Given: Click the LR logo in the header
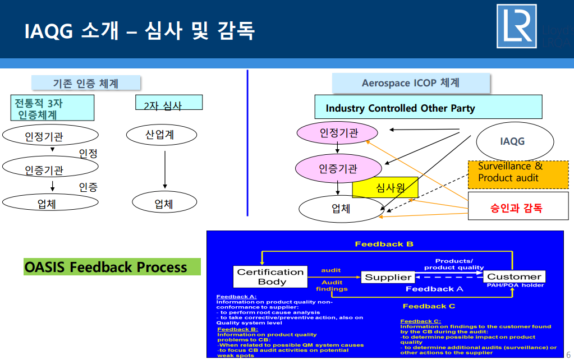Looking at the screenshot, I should (x=516, y=26).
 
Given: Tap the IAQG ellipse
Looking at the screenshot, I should (x=512, y=141).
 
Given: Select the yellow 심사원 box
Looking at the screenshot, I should (x=385, y=188).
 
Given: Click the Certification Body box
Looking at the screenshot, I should (x=271, y=277).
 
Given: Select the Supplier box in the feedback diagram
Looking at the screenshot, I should (x=388, y=277).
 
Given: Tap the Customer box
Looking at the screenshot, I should (x=514, y=277).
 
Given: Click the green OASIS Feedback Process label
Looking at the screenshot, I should (x=112, y=267).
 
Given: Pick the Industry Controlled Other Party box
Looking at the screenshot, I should (x=428, y=107).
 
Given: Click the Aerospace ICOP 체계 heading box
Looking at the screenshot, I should (x=411, y=83).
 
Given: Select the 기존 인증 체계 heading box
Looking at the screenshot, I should (x=86, y=83).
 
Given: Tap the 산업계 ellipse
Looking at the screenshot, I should (x=162, y=135).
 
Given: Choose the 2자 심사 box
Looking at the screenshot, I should (x=169, y=103).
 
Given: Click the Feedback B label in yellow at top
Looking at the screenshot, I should (x=384, y=244).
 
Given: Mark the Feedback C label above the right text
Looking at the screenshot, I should (x=429, y=306).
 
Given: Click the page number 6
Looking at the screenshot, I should (x=568, y=355).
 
